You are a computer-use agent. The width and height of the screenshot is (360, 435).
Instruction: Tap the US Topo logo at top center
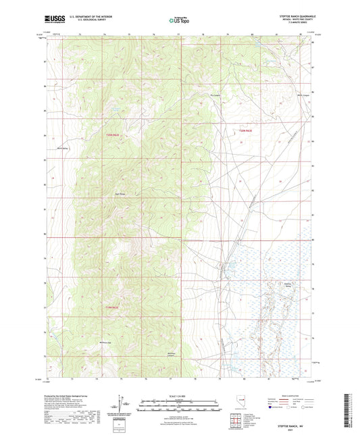click(x=180, y=20)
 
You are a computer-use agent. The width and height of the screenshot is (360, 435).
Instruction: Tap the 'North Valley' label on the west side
click(x=63, y=148)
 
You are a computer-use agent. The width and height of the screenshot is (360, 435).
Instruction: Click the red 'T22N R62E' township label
click(x=112, y=135)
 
